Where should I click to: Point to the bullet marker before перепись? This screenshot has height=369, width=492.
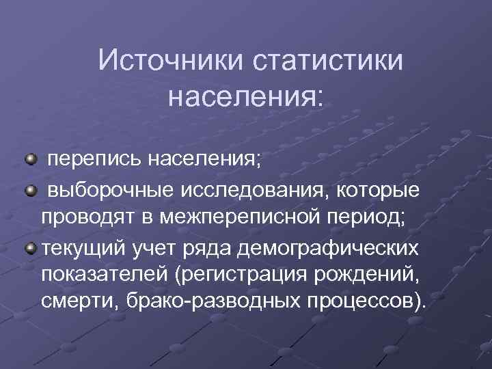click(x=31, y=160)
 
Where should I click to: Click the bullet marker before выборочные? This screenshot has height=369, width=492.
click(x=31, y=188)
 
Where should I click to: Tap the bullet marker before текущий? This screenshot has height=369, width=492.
click(x=31, y=245)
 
